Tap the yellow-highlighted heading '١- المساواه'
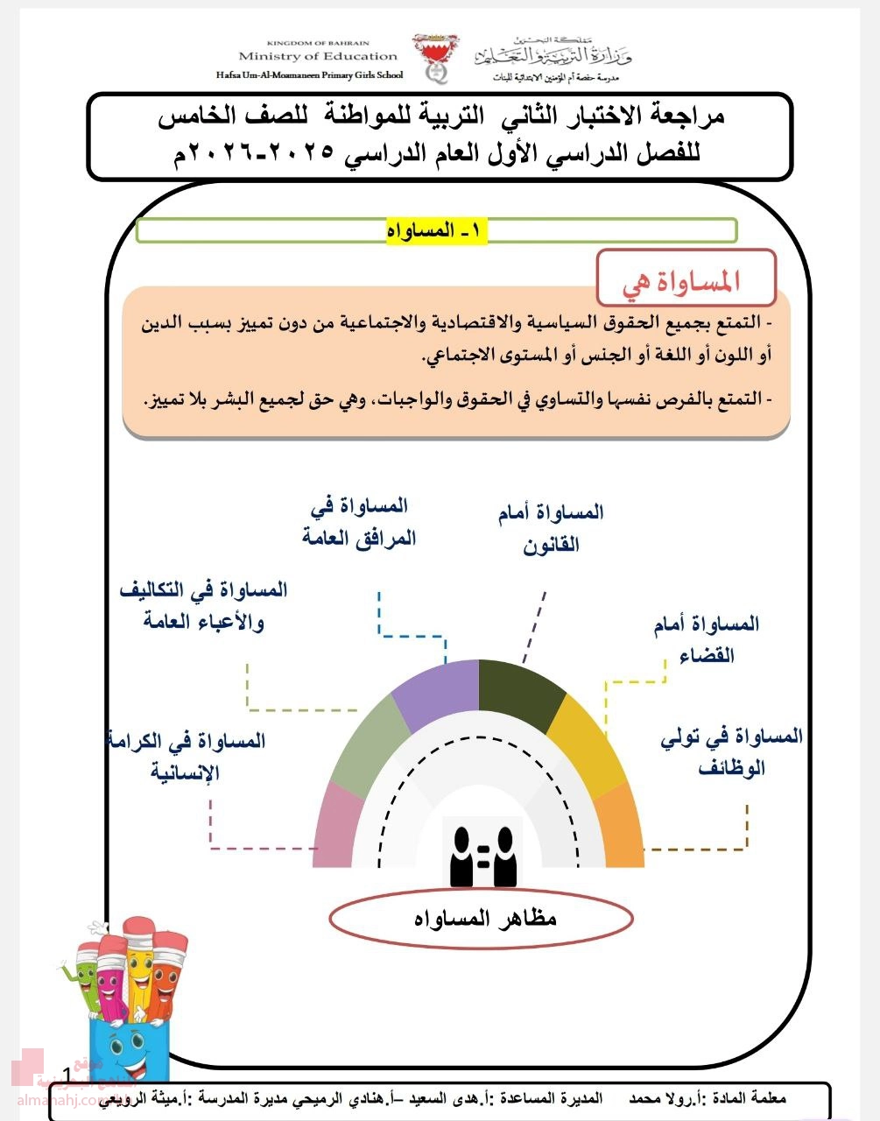tap(436, 230)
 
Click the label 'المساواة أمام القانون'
tap(551, 528)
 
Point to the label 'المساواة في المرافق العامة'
tap(360, 522)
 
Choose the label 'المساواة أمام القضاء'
tap(707, 639)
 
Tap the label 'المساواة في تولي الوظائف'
tap(731, 751)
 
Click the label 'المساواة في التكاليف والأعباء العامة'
tap(203, 605)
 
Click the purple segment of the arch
tap(434, 694)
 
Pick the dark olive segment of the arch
tap(520, 694)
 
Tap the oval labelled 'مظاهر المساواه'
tap(481, 919)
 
